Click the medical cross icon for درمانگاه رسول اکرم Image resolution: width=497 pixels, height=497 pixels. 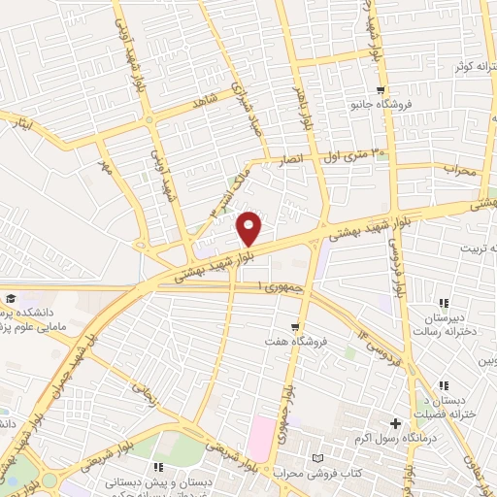pos(395,423)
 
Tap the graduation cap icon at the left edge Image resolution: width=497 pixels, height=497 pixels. pos(10,298)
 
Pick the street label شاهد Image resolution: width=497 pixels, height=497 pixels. pos(203,101)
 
